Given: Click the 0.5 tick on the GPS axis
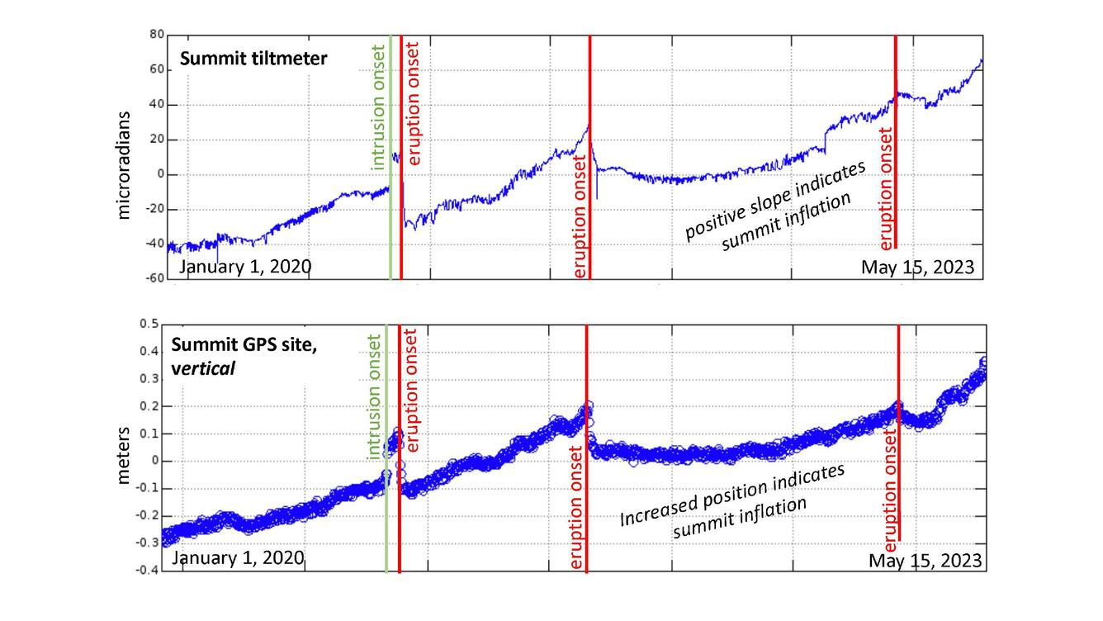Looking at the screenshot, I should [149, 324].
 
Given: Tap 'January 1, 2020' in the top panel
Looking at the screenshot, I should [245, 267].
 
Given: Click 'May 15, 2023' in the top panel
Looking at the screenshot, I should [917, 268].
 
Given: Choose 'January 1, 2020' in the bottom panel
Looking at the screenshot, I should [238, 558].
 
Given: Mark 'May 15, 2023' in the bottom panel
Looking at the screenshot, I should [925, 561].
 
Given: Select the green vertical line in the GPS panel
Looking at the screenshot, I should [386, 512].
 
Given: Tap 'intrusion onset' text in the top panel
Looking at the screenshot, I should [378, 105].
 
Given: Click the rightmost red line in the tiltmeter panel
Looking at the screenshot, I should [896, 83].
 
